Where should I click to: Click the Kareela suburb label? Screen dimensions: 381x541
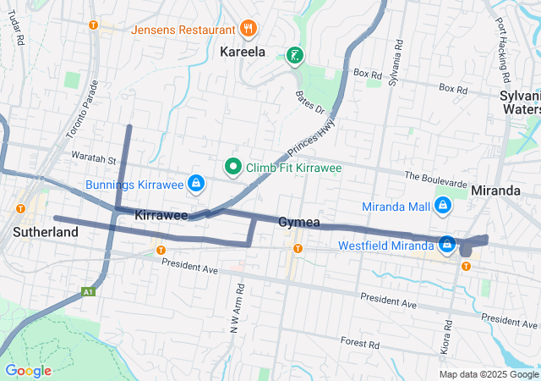pos(243,52)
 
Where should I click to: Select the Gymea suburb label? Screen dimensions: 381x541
pos(299,222)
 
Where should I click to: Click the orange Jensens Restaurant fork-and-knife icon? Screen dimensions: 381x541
pos(248,29)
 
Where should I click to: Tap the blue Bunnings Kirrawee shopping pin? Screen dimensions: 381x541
pos(196,183)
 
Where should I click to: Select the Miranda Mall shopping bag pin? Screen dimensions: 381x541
pos(442,206)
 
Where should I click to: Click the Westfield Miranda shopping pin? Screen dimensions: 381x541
pos(447,246)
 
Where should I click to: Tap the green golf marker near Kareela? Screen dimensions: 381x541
pos(294,57)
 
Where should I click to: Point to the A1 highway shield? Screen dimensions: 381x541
pos(87,292)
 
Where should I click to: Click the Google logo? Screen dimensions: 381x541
pos(28,371)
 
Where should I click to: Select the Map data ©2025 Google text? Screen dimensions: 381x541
pos(488,374)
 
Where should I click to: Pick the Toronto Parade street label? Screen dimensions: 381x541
pos(83,109)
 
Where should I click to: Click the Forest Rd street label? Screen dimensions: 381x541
pos(360,343)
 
